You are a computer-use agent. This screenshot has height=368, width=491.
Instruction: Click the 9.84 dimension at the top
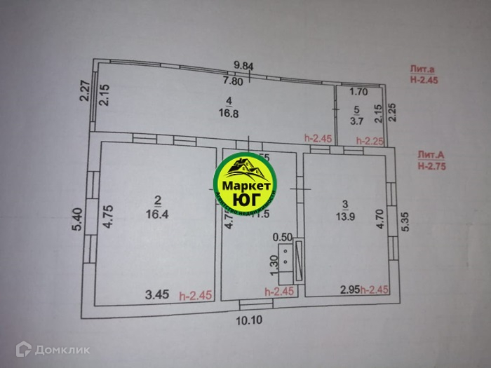coord(243,66)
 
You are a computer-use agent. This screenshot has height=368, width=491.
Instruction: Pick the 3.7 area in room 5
coord(356,121)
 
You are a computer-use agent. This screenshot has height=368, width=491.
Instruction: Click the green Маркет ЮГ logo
coord(245,185)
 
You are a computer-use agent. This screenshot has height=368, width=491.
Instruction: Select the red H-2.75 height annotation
coord(429,166)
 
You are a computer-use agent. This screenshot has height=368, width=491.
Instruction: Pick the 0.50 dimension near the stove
coord(283,236)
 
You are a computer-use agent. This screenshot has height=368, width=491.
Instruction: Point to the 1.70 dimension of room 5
coord(358,91)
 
